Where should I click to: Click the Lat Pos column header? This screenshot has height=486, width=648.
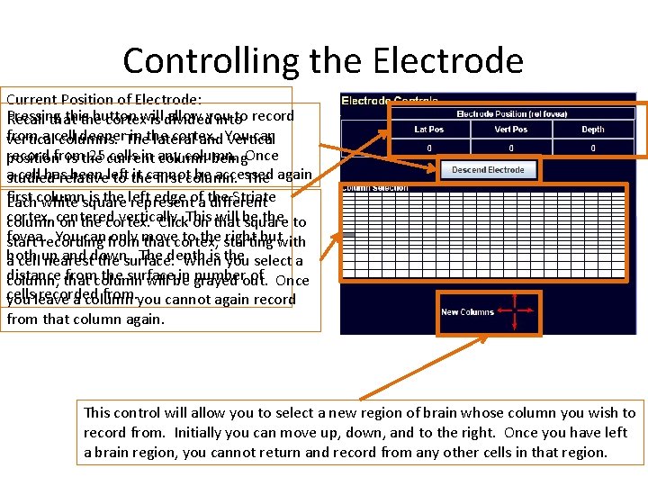pos(428,130)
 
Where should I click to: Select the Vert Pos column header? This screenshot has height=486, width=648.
pos(510,130)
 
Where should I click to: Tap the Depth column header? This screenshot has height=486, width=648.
pos(592,130)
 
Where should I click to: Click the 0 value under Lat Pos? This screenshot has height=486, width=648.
pos(428,147)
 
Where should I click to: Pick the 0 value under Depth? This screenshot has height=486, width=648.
pos(592,147)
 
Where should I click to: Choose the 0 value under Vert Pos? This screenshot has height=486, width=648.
pos(510,147)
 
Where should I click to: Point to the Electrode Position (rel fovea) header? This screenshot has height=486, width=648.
pos(510,114)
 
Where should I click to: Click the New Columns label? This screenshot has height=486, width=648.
pos(467,312)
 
